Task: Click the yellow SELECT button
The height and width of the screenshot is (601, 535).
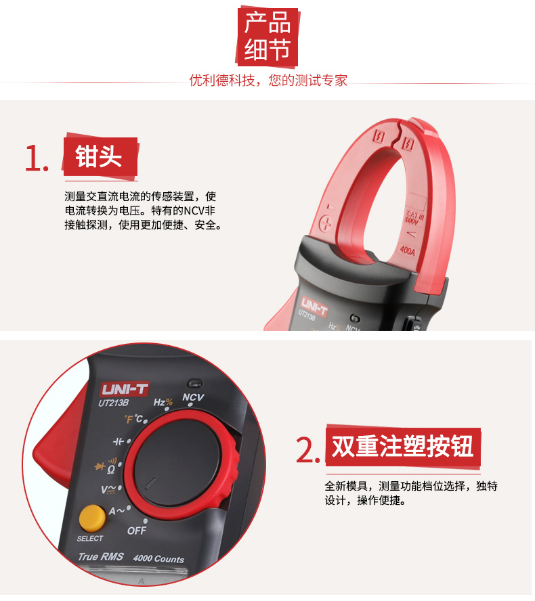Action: click(92, 518)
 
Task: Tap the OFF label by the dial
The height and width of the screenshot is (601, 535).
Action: click(137, 531)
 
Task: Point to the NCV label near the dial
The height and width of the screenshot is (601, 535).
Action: click(193, 397)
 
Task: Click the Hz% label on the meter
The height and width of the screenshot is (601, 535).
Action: click(163, 402)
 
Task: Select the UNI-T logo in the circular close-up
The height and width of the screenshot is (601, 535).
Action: click(124, 389)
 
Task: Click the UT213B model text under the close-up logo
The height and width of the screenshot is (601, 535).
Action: click(113, 403)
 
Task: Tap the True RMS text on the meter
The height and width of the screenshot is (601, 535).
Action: click(101, 556)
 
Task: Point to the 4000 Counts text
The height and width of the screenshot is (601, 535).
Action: click(158, 558)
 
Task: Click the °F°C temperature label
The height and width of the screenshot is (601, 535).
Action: click(133, 419)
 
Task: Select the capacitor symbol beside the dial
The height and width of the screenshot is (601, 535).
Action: click(119, 441)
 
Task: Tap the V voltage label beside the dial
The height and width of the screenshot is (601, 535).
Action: click(108, 489)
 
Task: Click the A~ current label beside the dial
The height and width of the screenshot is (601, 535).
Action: click(116, 511)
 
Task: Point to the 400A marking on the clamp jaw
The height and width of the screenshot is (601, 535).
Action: click(407, 250)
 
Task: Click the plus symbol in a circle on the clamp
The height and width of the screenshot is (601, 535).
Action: click(325, 223)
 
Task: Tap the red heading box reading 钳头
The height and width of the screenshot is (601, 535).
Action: click(100, 156)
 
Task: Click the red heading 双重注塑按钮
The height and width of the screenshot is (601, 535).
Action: click(403, 446)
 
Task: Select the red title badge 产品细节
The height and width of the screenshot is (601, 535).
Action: click(267, 36)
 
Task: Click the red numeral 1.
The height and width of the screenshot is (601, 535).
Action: click(36, 158)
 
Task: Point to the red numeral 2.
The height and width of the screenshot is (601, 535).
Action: click(307, 450)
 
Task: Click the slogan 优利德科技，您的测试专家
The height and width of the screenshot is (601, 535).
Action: click(268, 81)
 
